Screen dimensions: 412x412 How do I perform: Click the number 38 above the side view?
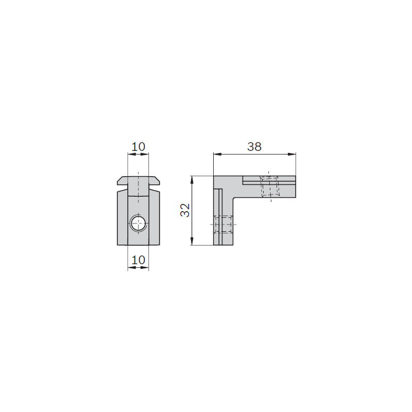254,147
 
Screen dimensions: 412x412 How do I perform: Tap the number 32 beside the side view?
185,210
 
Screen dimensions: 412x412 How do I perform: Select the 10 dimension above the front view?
138,147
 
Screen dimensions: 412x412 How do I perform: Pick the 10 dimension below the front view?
138,260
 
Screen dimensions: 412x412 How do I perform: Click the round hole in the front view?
138,224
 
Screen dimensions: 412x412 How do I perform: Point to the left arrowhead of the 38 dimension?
217,154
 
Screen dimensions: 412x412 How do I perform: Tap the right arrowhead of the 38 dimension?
292,154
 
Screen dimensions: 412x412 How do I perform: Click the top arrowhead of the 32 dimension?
192,180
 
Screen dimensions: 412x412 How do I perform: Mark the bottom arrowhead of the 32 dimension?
192,241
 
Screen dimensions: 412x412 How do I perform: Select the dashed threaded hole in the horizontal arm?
269,186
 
